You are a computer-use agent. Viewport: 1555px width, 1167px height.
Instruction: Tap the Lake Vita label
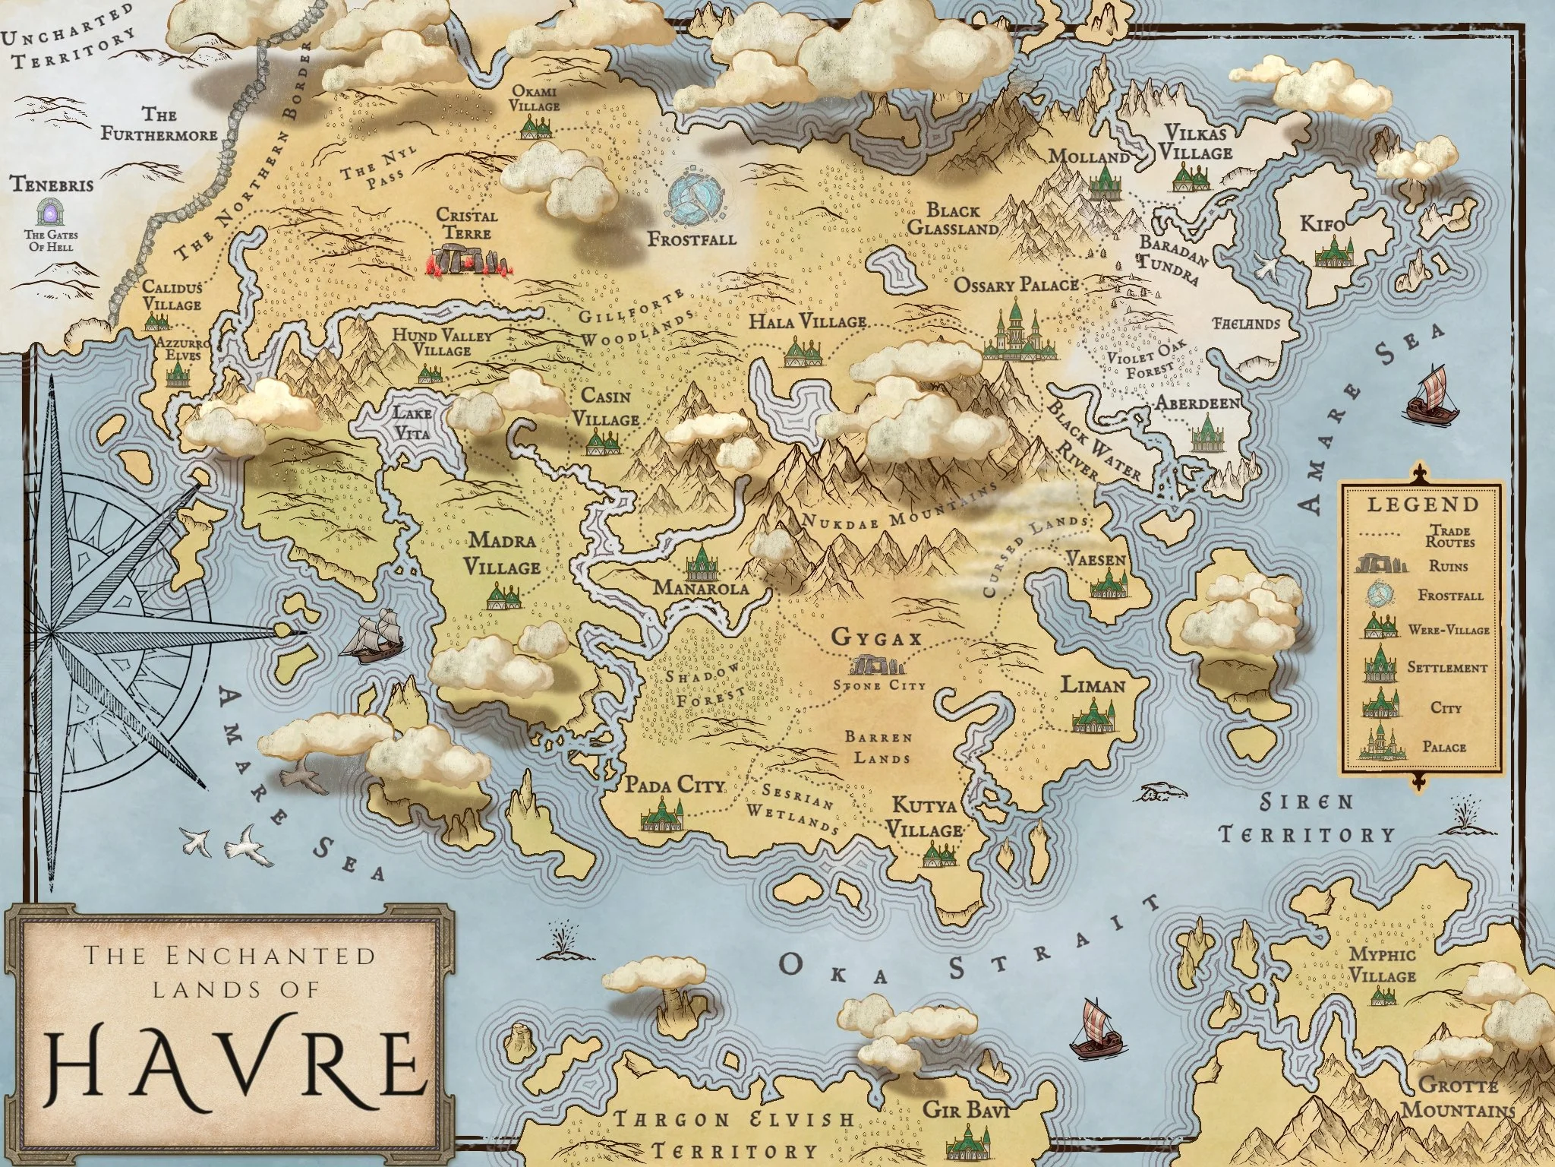tap(412, 423)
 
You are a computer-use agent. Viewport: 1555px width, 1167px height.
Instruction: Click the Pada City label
tap(675, 784)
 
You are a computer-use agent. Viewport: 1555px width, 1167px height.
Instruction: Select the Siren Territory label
tap(1307, 818)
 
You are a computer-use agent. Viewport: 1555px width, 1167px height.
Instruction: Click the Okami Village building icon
tap(535, 127)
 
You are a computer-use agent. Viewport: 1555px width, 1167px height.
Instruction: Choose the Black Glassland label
tap(953, 219)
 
